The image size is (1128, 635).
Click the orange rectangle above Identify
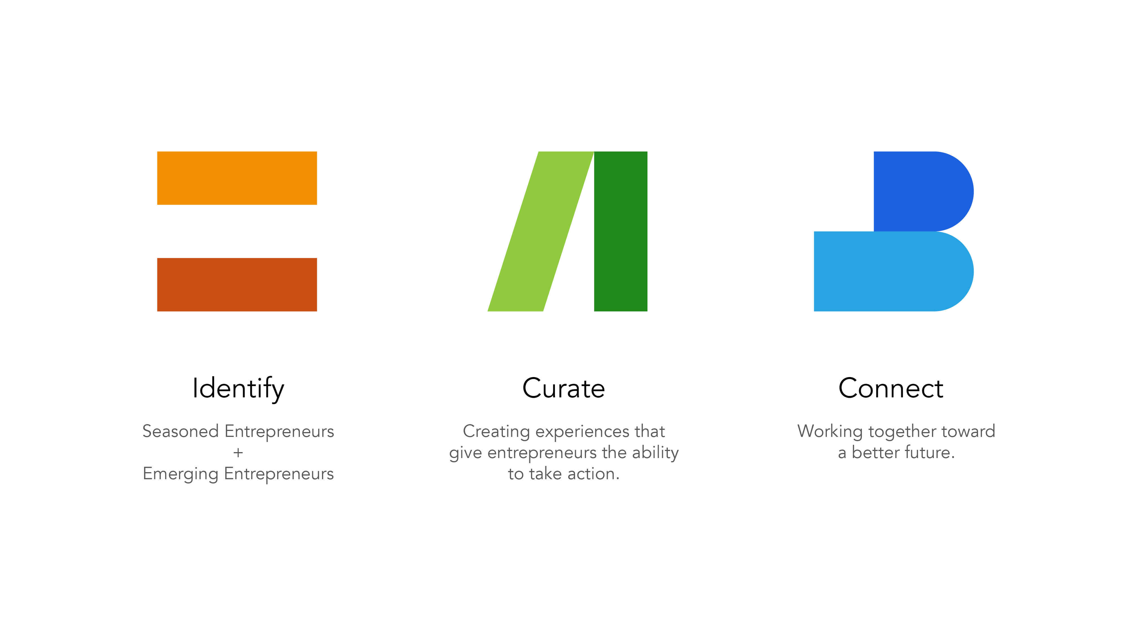click(237, 178)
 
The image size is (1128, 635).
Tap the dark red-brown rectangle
click(237, 285)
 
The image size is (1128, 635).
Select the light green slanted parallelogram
click(541, 231)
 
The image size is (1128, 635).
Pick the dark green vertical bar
click(620, 231)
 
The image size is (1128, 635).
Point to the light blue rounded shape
click(894, 271)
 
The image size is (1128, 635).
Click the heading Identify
click(238, 389)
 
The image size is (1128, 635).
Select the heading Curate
click(563, 388)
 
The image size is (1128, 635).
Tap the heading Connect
click(891, 388)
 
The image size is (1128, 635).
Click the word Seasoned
click(180, 431)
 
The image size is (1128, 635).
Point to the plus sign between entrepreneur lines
click(238, 453)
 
